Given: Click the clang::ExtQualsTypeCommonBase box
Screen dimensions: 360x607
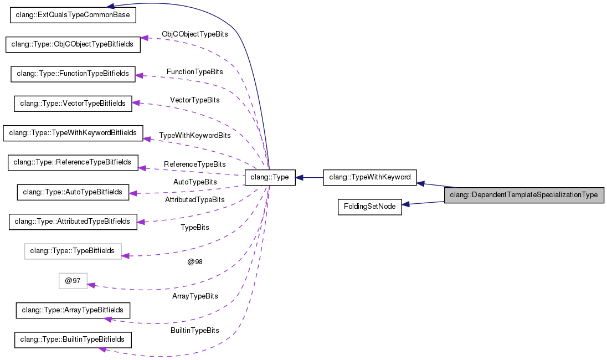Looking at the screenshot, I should [x=73, y=15].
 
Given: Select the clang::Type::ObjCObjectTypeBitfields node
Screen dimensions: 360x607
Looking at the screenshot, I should [x=73, y=44].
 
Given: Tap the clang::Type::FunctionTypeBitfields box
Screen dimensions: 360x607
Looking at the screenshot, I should [x=73, y=74].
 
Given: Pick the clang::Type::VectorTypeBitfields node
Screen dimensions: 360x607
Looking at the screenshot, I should [x=73, y=103].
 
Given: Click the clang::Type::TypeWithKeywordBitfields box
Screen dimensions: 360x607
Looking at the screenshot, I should [x=73, y=133].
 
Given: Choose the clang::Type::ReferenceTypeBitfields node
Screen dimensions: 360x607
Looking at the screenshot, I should [x=73, y=162].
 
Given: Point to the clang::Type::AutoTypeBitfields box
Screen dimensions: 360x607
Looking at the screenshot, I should [x=73, y=192].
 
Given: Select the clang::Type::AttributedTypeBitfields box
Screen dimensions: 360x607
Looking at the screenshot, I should [x=73, y=222].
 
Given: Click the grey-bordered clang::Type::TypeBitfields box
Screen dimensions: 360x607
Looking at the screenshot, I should [x=73, y=251].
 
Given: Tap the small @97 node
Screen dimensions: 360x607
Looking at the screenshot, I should [x=73, y=281].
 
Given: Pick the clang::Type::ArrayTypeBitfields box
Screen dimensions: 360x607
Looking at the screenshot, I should [x=73, y=310].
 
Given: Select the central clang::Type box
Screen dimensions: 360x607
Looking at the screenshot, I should [x=270, y=177].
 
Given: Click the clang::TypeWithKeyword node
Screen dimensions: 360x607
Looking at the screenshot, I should [x=369, y=177].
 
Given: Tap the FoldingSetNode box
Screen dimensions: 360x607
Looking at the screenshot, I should [x=369, y=207].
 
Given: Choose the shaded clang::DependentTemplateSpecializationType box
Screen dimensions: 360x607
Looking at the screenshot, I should [x=523, y=195].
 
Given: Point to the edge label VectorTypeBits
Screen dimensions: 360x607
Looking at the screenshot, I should [x=195, y=100].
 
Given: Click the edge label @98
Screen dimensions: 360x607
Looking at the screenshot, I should [x=195, y=262].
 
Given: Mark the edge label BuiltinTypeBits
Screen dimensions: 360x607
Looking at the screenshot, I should [x=195, y=331].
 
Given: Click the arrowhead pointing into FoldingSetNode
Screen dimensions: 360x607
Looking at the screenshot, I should [x=407, y=204].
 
